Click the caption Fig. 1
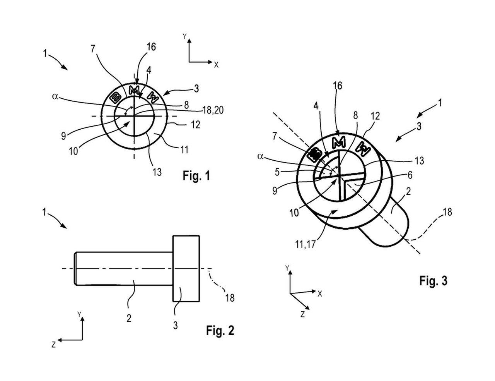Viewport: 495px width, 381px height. (196, 176)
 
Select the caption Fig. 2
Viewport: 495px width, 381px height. (220, 330)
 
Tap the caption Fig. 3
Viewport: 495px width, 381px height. (433, 281)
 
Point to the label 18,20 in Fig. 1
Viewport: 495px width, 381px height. (213, 110)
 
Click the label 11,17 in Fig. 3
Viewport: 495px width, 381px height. (305, 245)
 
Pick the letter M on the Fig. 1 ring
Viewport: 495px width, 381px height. (135, 91)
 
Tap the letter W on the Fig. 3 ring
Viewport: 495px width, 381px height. (364, 149)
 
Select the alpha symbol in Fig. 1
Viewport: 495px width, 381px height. (55, 96)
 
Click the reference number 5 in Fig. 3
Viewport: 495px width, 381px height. (277, 172)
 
